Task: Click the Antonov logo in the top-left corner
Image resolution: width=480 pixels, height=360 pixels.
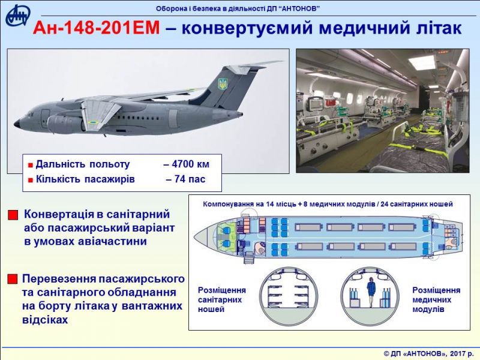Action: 18,16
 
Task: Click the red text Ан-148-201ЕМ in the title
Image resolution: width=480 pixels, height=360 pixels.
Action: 97,28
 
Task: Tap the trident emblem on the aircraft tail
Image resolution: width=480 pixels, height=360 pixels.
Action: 222,84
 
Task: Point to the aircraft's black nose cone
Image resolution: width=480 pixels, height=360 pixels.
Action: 17,124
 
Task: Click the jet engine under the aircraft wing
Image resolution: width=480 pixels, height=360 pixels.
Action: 66,123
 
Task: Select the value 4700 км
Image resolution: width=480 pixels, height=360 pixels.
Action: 187,164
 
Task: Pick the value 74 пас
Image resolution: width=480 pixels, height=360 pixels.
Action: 185,179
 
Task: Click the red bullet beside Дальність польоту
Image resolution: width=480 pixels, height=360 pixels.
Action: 31,166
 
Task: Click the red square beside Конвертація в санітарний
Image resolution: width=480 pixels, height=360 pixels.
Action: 13,215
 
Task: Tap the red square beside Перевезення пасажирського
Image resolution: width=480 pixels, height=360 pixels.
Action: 13,279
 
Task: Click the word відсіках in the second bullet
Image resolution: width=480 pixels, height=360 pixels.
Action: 45,320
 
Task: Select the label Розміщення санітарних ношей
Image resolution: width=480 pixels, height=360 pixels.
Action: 221,299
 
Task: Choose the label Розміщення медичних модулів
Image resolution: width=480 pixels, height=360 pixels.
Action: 436,299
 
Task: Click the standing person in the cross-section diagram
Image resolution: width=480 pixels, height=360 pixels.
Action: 371,292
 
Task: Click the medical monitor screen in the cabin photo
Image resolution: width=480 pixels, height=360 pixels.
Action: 314,104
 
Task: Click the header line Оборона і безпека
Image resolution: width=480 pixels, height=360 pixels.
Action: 238,8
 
